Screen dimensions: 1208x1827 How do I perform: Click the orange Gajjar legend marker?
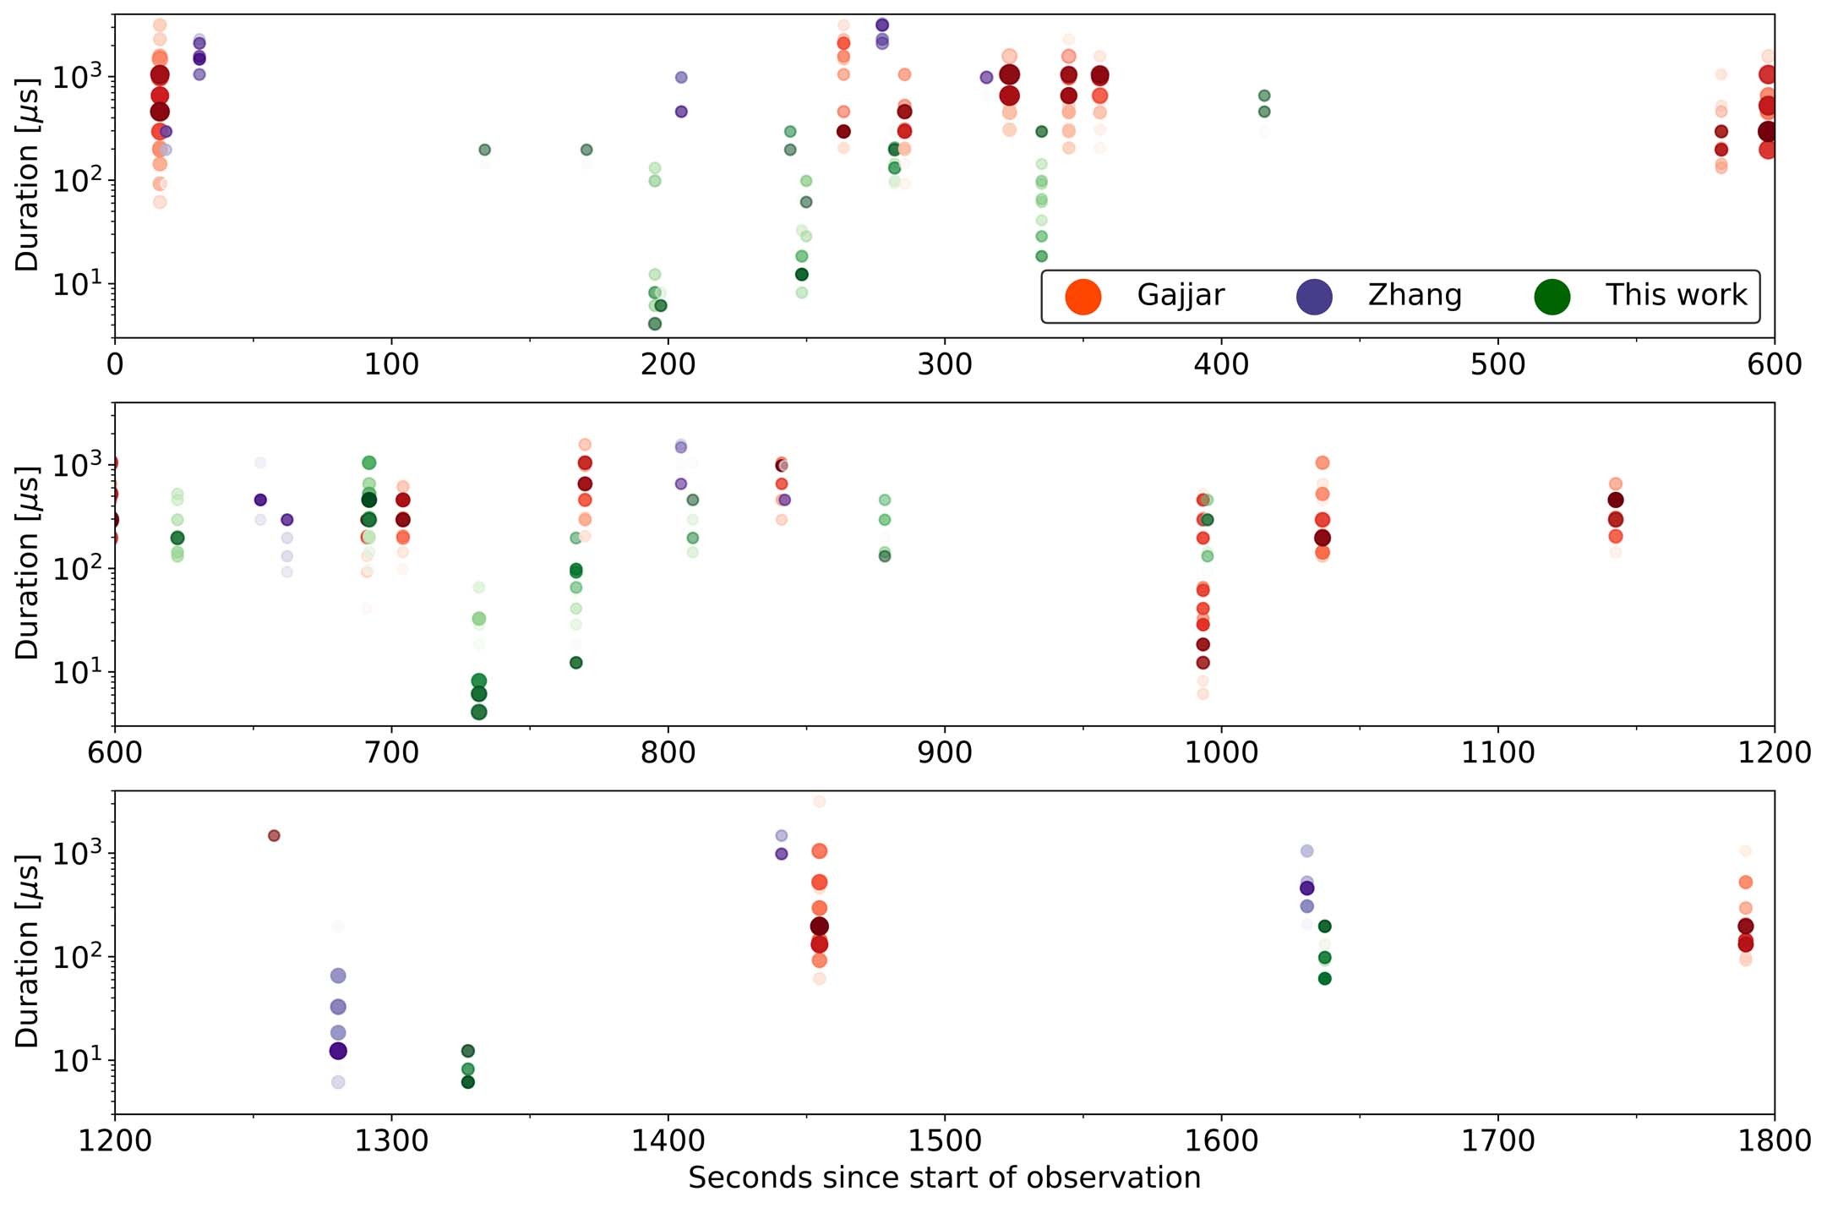tap(1083, 296)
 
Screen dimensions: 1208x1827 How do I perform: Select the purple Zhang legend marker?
tap(1314, 296)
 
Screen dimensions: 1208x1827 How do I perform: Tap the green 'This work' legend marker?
tap(1552, 296)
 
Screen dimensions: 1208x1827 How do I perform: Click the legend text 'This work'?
tap(1676, 295)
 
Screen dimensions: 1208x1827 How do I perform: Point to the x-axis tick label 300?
tap(944, 365)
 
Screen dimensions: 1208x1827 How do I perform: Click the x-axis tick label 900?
tap(944, 753)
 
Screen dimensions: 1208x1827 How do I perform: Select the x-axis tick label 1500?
tap(944, 1141)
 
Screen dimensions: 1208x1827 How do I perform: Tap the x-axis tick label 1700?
tap(1497, 1141)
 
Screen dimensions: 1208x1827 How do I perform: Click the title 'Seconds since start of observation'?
tap(944, 1178)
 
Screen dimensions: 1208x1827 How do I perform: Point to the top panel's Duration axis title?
tap(27, 175)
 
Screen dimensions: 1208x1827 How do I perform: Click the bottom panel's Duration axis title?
tap(27, 951)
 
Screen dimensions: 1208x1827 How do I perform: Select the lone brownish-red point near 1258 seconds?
tap(274, 835)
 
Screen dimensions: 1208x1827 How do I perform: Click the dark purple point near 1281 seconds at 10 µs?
tap(338, 1051)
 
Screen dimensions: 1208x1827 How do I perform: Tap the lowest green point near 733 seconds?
tap(479, 712)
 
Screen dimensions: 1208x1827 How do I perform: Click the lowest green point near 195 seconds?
tap(655, 324)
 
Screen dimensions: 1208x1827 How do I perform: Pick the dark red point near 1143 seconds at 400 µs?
tap(1616, 500)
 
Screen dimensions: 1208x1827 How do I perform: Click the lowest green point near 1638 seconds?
tap(1324, 978)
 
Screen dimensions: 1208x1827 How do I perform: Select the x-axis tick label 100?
tap(391, 365)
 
